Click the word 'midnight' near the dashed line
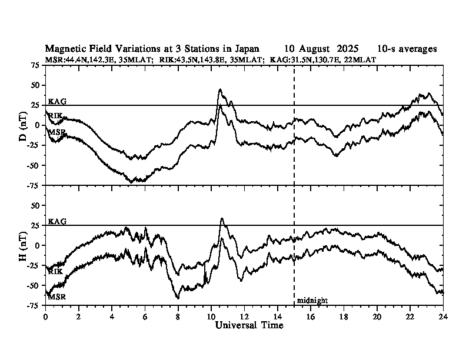[x=312, y=301]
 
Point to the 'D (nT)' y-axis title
[x=24, y=125]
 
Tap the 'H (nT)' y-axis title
[x=24, y=245]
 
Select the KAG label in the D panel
[x=57, y=102]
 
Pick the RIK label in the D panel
[x=55, y=115]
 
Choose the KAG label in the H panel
[x=57, y=222]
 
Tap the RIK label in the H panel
[x=55, y=272]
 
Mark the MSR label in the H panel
[x=56, y=297]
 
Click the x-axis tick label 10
[x=211, y=316]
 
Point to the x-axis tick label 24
[x=443, y=316]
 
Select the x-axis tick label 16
[x=311, y=316]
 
